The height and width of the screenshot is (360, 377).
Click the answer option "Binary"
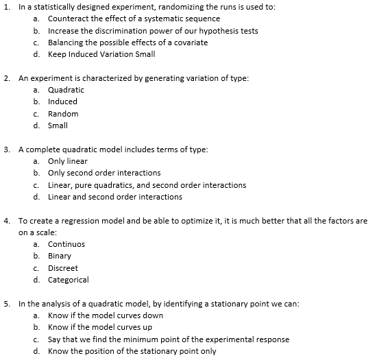point(60,256)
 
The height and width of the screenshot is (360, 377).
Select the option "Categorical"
point(69,280)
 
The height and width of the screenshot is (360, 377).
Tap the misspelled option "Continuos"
point(66,244)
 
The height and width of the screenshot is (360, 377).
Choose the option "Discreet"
point(63,268)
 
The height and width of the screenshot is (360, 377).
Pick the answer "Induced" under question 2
point(63,101)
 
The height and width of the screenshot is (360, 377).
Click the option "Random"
point(63,113)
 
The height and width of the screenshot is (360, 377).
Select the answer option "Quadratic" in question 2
point(66,90)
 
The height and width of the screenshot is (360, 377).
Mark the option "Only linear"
point(68,161)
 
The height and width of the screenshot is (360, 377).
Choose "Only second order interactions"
point(104,173)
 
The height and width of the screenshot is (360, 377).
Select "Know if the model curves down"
point(106,315)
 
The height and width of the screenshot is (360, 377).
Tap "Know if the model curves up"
point(100,327)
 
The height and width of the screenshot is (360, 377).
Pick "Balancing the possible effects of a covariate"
point(128,43)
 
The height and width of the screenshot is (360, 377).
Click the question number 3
point(6,149)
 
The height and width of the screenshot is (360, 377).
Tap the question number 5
point(6,303)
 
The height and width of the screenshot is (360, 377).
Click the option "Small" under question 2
point(58,125)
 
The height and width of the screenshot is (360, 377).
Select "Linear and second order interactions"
point(115,197)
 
